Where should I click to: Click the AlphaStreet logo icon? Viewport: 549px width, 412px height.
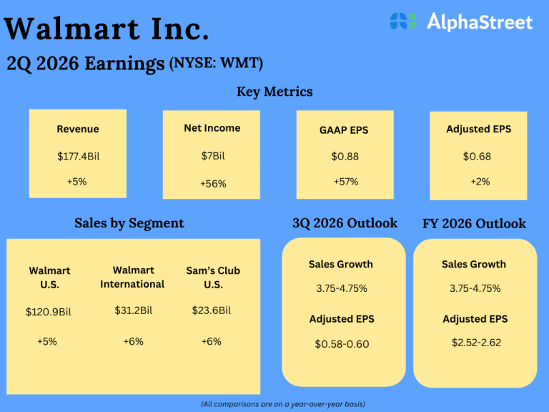402,21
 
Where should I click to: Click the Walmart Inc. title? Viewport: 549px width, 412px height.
107,29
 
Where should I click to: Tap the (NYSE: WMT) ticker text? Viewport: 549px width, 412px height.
216,63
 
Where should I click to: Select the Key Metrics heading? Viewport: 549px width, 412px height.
274,92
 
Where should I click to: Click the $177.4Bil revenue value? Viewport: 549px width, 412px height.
77,156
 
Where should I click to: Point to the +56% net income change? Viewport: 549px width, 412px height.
212,184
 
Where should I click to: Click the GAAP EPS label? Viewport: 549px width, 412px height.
344,130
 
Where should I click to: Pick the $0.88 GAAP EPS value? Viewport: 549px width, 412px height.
345,156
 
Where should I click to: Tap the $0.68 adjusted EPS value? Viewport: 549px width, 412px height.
477,156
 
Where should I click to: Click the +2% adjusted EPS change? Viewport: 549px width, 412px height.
480,182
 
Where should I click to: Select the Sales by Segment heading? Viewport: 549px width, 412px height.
129,223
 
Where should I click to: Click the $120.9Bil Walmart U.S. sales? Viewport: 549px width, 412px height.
49,312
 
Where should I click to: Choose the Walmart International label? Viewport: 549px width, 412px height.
132,277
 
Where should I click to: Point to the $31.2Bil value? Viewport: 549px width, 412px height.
132,310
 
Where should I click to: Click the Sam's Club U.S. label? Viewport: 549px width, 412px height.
212,277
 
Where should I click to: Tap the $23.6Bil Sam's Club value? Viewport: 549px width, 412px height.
212,310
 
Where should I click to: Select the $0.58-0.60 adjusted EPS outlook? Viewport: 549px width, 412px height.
342,344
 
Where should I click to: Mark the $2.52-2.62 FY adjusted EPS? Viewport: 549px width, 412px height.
475,343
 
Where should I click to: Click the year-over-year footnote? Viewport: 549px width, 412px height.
282,404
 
